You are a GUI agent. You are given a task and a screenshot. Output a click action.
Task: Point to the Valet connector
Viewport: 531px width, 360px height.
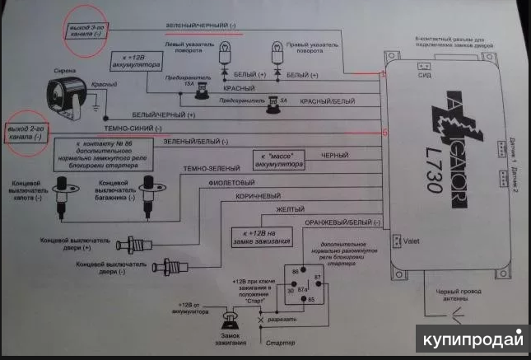398,241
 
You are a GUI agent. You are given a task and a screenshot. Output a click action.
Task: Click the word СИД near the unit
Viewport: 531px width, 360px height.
424,76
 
